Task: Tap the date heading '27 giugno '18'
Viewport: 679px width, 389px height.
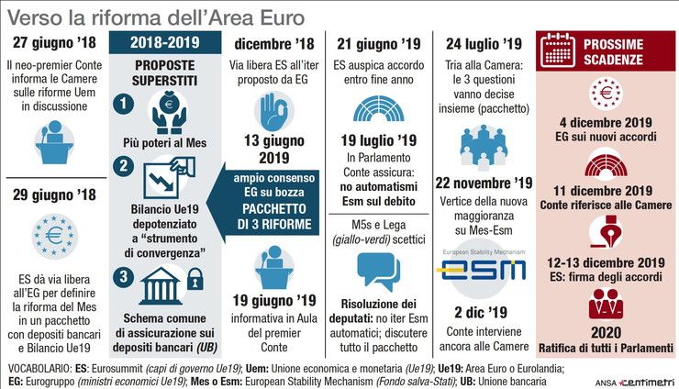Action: [x=55, y=43]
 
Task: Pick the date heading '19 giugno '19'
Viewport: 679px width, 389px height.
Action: [x=273, y=300]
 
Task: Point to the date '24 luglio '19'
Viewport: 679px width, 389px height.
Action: [x=483, y=43]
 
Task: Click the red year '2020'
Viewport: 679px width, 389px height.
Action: [x=605, y=331]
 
